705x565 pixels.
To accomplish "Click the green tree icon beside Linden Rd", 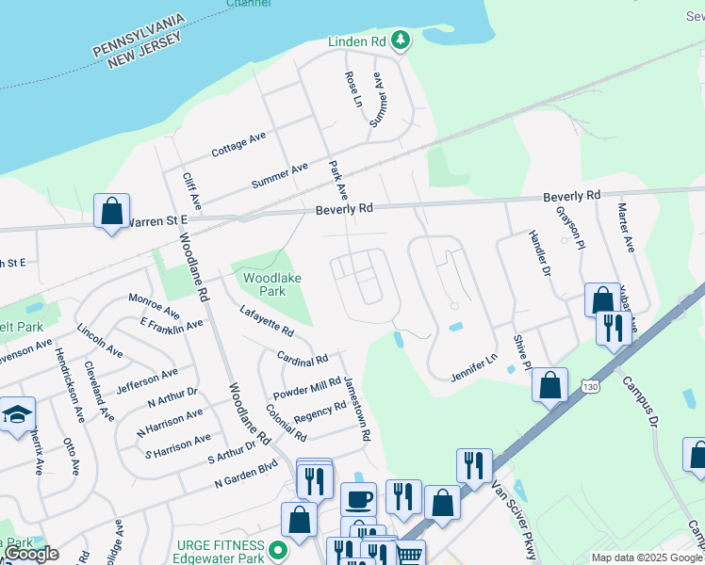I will click(402, 40).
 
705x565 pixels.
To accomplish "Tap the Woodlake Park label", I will click(264, 285).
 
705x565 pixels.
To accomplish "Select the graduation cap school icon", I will click(16, 414).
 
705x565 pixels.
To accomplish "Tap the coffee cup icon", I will click(357, 499).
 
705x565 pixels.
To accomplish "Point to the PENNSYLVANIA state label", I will click(150, 36).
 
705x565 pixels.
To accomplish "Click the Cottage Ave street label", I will click(238, 145).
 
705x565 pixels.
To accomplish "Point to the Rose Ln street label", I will click(354, 88).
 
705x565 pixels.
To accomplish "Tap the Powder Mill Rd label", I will click(306, 387).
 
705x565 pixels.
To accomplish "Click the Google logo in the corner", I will click(30, 554).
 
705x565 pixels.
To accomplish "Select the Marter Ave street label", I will click(624, 228).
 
